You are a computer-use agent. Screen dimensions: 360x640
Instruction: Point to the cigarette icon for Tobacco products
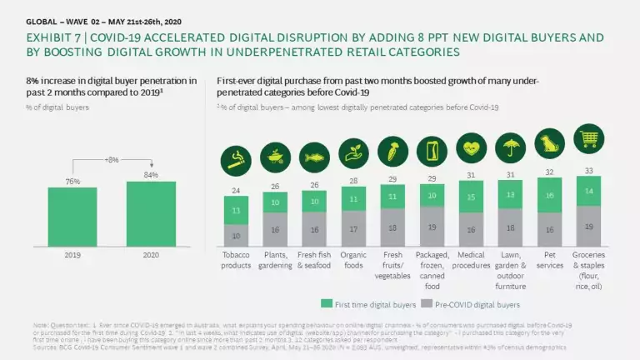point(237,156)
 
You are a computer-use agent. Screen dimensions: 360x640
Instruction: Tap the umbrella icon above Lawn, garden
point(509,147)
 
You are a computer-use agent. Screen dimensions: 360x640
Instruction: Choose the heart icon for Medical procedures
point(471,147)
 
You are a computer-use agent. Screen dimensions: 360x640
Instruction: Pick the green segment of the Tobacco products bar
point(237,211)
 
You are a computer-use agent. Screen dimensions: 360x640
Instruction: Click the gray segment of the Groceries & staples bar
point(589,226)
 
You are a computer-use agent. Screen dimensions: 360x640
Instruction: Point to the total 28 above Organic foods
point(353,180)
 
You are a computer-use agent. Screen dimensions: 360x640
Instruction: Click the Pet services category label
point(549,260)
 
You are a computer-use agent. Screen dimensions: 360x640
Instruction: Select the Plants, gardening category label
point(275,260)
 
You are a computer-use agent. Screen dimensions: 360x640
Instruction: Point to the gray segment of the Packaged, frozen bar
point(432,226)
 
